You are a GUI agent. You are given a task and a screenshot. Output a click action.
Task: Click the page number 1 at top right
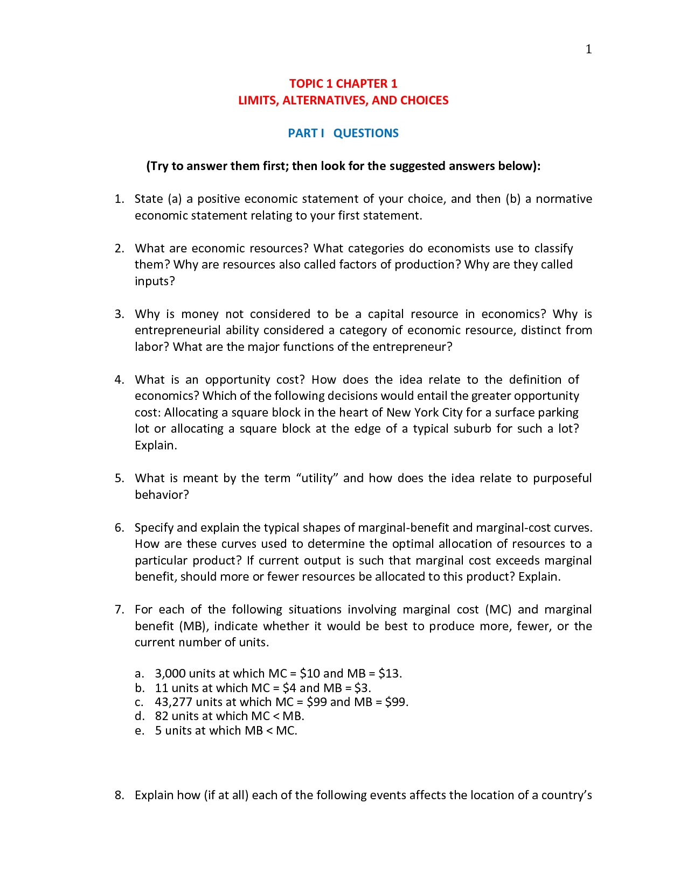pos(588,50)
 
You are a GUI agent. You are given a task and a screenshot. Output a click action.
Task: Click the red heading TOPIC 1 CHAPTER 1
pos(343,83)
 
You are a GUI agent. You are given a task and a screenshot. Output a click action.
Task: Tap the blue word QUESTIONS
pos(366,133)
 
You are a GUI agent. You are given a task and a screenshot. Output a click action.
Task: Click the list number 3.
pos(119,314)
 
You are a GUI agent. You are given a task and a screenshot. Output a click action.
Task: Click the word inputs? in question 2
pos(155,281)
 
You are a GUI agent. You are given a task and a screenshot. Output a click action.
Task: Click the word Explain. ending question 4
pos(156,445)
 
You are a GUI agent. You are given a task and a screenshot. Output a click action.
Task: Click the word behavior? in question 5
pos(162,495)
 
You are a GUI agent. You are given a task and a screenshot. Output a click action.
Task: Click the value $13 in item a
pos(389,673)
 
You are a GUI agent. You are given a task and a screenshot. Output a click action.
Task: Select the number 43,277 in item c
pos(174,702)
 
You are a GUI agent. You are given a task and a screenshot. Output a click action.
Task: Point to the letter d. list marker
pos(140,716)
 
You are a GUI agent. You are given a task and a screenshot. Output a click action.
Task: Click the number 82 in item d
pos(162,716)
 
